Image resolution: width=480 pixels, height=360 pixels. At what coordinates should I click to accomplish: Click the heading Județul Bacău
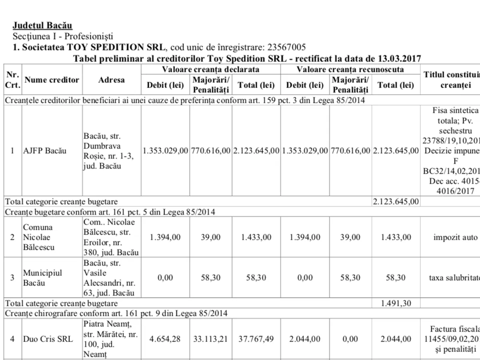(x=42, y=26)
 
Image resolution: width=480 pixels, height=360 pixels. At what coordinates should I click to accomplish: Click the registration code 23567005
(x=285, y=47)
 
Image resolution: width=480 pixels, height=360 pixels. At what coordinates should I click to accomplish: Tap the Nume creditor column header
(x=52, y=80)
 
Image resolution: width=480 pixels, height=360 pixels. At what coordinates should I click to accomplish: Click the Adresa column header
(x=112, y=80)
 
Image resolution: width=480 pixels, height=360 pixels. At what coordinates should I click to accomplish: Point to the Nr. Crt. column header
(x=12, y=80)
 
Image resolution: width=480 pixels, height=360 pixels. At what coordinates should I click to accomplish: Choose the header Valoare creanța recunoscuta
(x=350, y=70)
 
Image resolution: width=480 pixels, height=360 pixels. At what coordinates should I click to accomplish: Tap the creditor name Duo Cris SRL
(x=48, y=339)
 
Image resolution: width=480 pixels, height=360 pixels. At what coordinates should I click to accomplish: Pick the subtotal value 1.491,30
(x=396, y=304)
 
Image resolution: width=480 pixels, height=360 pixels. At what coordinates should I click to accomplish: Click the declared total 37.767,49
(x=256, y=339)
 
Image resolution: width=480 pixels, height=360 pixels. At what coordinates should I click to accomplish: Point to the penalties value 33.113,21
(x=211, y=339)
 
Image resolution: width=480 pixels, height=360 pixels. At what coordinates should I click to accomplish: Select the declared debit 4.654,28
(x=165, y=339)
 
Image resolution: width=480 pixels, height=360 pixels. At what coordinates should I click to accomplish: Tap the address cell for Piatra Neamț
(x=111, y=339)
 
